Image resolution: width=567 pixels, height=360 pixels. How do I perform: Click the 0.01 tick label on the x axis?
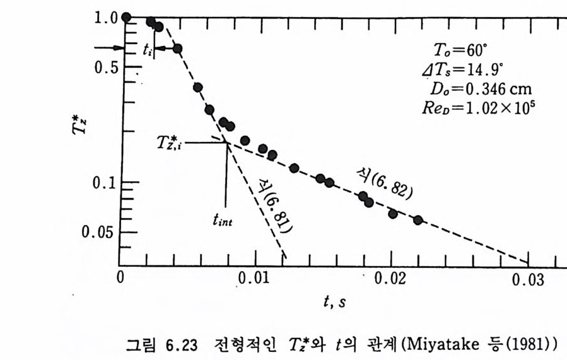255,279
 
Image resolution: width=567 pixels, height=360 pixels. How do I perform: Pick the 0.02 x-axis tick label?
391,279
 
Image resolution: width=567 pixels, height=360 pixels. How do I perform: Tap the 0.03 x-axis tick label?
527,279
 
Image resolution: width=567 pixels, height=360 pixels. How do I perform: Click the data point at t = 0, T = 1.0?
126,17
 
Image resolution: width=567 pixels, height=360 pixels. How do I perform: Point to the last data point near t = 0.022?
418,220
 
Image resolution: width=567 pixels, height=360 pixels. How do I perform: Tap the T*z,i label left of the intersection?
169,143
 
